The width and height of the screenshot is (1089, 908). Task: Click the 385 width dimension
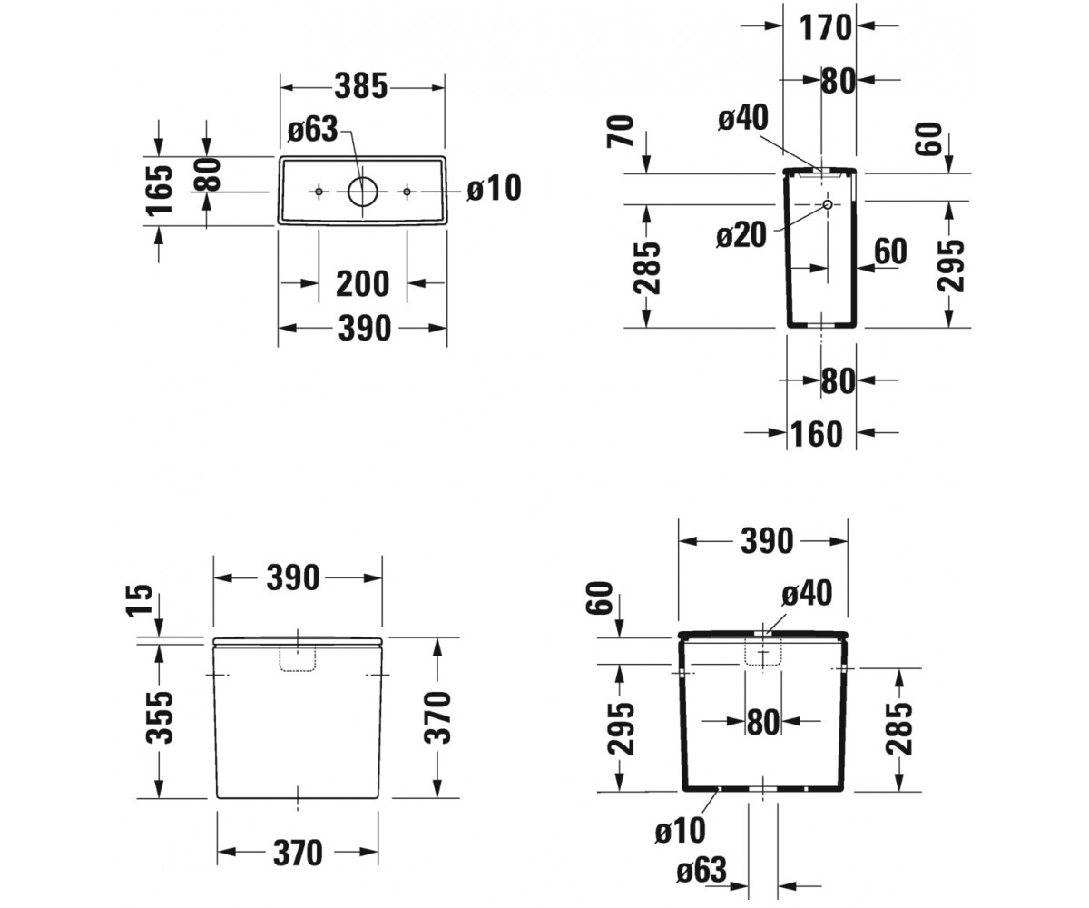(361, 86)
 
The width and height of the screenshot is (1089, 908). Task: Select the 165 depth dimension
(159, 191)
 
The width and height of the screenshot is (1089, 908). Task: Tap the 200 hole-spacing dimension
(362, 284)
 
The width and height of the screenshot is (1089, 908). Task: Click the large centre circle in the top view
(362, 192)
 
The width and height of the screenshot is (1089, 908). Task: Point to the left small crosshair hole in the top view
(319, 192)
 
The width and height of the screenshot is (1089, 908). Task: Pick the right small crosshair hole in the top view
(407, 192)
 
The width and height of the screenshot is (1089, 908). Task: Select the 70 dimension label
(621, 132)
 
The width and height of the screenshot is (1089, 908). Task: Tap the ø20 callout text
(741, 235)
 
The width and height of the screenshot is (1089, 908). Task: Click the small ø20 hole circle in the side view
(828, 204)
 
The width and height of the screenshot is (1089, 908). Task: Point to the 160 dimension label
(817, 434)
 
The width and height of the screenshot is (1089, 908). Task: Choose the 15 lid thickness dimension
(140, 600)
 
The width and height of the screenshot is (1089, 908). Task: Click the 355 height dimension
(159, 717)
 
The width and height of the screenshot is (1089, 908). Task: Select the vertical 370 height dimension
(437, 717)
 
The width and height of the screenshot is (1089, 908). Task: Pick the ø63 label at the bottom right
(701, 870)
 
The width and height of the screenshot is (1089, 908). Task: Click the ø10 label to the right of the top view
(494, 188)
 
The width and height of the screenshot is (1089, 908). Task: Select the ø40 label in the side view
(743, 118)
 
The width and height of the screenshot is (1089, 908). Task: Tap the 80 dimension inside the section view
(763, 722)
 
